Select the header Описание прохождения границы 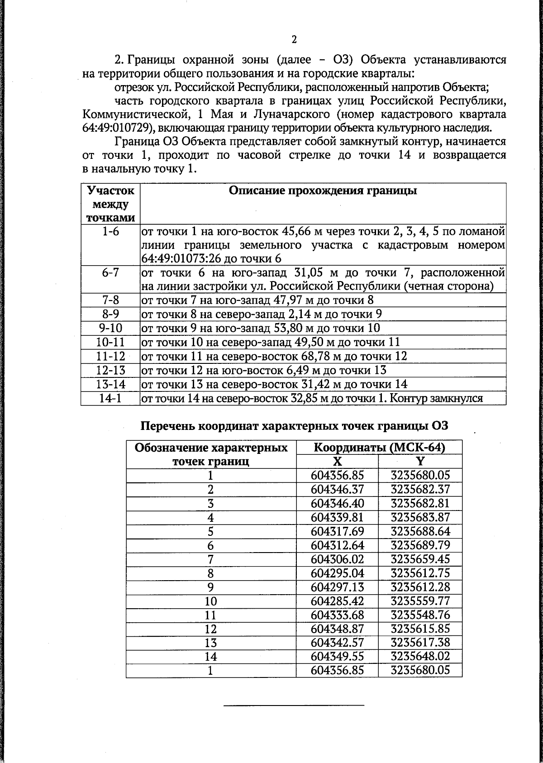[323, 191]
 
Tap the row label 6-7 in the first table [110, 273]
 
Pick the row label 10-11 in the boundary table [110, 342]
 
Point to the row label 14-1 [110, 398]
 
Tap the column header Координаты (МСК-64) [379, 448]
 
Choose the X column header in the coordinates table [337, 461]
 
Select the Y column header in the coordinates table [420, 461]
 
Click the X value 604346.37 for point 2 [337, 489]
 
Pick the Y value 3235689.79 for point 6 [420, 545]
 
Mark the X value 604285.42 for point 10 [337, 601]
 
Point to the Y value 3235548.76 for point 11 [420, 615]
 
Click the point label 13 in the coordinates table [211, 643]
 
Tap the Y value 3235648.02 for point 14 [420, 656]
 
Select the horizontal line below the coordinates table [294, 705]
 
